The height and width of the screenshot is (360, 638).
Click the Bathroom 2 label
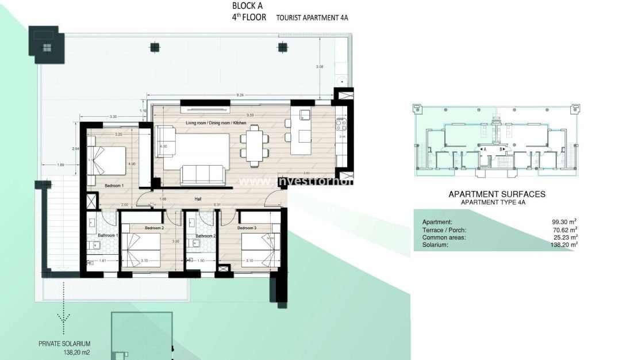pyautogui.click(x=205, y=236)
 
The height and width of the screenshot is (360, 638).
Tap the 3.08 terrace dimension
pyautogui.click(x=320, y=67)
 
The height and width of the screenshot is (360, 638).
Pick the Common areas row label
pyautogui.click(x=443, y=237)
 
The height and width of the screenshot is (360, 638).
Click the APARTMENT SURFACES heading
pyautogui.click(x=497, y=194)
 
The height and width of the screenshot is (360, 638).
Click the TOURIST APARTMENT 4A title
pyautogui.click(x=312, y=18)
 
